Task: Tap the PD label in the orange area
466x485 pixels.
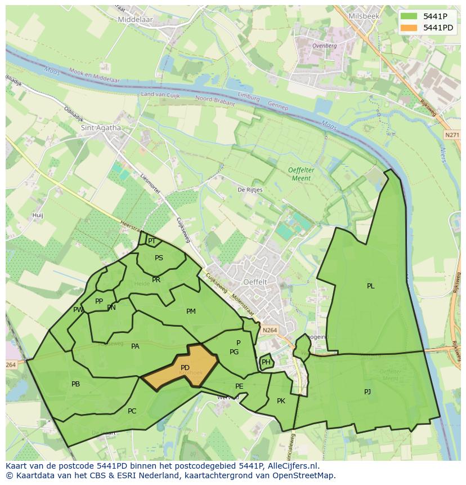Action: click(x=185, y=368)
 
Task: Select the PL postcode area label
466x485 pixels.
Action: click(x=370, y=286)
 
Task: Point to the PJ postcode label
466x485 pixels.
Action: click(x=368, y=391)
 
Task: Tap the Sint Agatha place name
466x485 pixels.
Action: click(x=101, y=128)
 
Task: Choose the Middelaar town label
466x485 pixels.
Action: click(x=136, y=19)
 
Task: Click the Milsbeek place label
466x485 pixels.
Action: click(x=364, y=16)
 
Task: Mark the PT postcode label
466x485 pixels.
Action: click(x=151, y=241)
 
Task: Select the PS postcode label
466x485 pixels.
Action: click(x=159, y=258)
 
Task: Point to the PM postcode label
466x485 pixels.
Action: click(x=191, y=312)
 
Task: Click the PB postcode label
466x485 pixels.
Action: click(x=75, y=384)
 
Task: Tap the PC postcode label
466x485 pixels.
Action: click(x=132, y=411)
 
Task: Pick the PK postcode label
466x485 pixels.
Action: click(x=281, y=401)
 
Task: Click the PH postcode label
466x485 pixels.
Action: click(x=266, y=362)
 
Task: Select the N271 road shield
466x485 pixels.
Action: click(x=451, y=135)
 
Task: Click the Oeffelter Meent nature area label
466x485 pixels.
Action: click(x=299, y=174)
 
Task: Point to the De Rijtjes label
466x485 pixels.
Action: click(x=250, y=190)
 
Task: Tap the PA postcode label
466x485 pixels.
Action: click(x=135, y=346)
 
